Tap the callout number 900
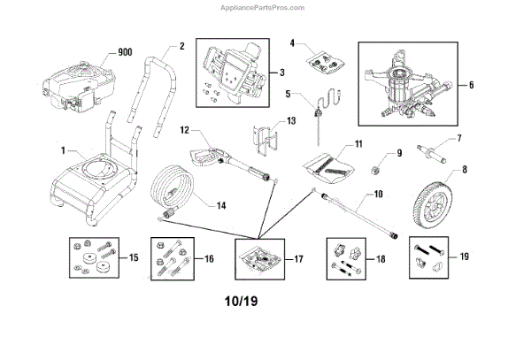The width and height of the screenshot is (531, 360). pyautogui.click(x=125, y=53)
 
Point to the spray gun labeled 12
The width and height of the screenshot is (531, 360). pyautogui.click(x=217, y=156)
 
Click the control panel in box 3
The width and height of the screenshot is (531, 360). pyautogui.click(x=232, y=69)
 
